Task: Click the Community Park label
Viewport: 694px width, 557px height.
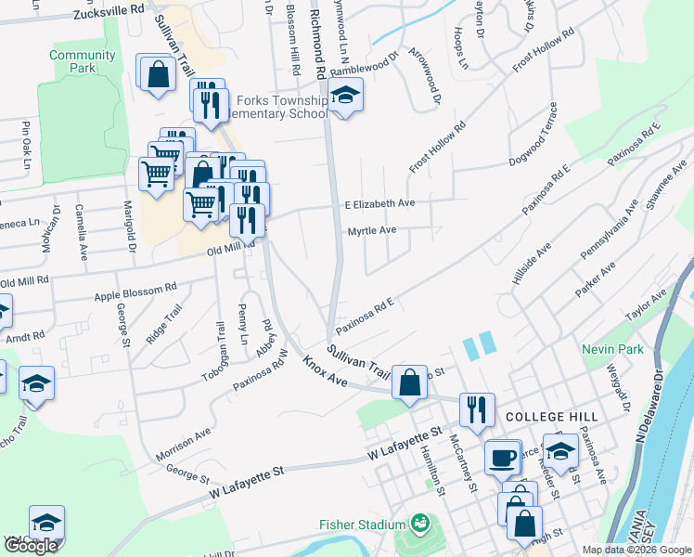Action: coord(83,61)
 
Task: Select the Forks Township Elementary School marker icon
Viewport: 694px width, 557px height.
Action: coord(345,96)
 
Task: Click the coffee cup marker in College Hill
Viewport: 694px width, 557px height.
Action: coord(503,457)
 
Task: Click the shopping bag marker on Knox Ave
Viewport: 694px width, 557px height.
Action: coord(409,382)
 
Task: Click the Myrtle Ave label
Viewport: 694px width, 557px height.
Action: coord(372,230)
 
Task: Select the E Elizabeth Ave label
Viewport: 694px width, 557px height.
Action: coord(379,203)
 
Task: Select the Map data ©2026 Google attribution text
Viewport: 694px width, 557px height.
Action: coord(636,550)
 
